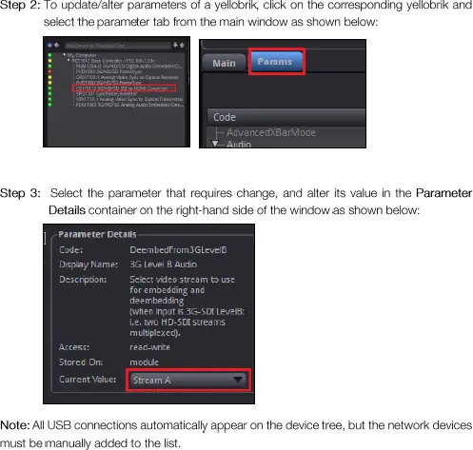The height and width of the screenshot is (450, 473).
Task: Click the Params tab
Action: (277, 63)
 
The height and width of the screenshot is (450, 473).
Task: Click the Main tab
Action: (224, 64)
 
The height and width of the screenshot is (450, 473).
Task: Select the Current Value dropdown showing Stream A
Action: (187, 380)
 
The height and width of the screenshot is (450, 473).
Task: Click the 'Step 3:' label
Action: (21, 193)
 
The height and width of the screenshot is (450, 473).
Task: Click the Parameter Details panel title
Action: (98, 234)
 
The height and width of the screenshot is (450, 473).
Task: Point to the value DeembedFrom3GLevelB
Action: (178, 249)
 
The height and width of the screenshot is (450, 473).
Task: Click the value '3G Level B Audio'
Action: (164, 264)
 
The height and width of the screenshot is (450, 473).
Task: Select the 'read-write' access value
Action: (150, 347)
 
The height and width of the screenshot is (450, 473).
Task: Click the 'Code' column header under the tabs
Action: (225, 116)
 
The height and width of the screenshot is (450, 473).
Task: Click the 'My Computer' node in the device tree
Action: (84, 55)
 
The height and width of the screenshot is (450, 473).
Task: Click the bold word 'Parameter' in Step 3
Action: (443, 193)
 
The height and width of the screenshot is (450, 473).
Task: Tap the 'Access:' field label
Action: (76, 347)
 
